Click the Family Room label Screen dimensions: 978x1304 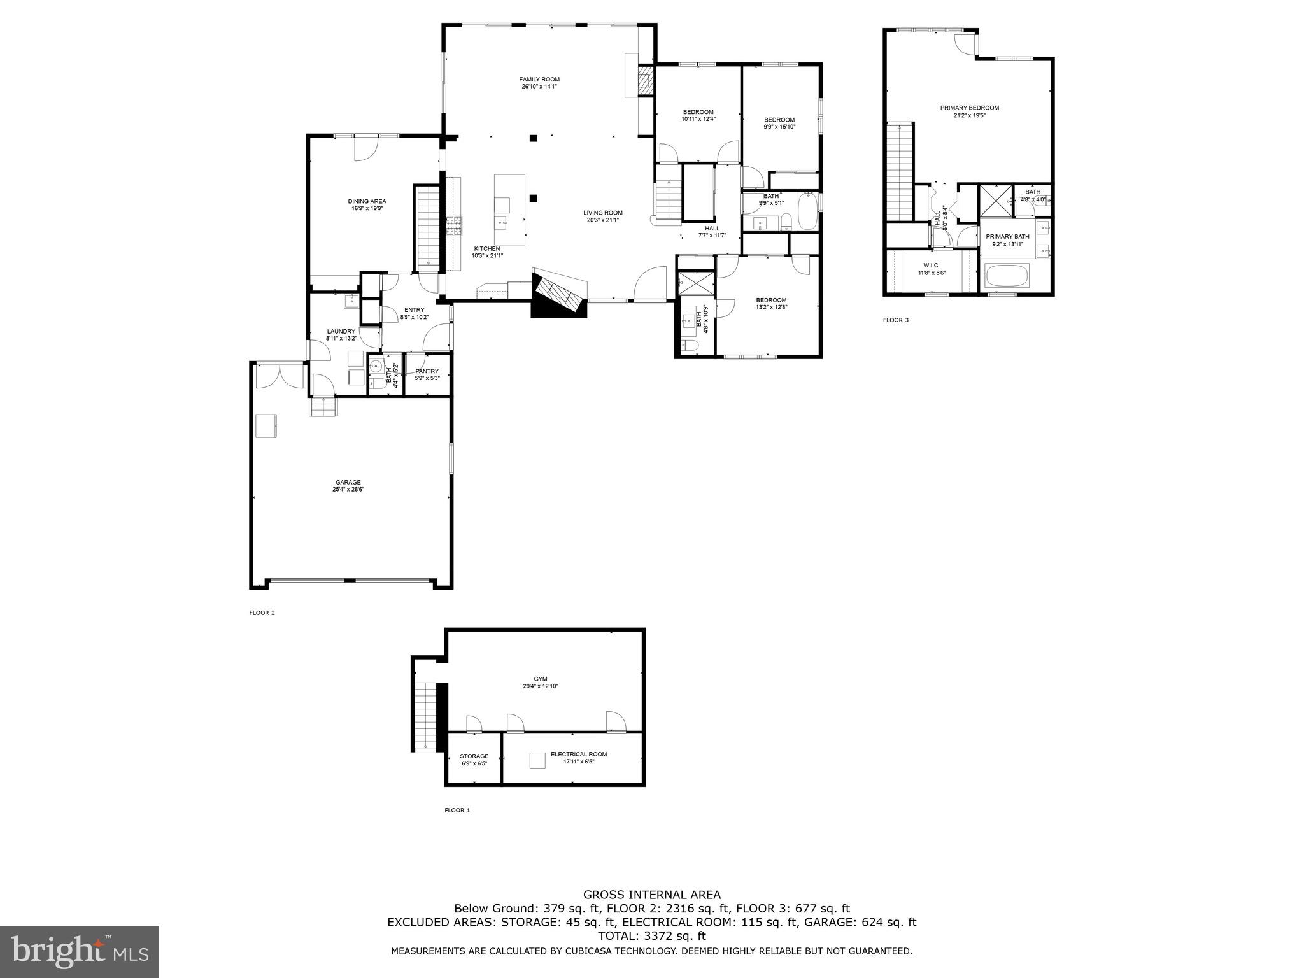[539, 80]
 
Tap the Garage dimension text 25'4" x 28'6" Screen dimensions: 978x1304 [348, 490]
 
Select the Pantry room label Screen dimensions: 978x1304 [427, 371]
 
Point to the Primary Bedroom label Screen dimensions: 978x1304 [969, 108]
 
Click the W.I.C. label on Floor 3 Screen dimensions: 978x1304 [932, 265]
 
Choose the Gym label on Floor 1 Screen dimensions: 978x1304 [541, 679]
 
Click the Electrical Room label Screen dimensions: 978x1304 [579, 754]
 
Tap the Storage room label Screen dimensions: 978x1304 [474, 756]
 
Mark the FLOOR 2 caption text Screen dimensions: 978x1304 [262, 613]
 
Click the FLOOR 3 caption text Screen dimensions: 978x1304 [895, 320]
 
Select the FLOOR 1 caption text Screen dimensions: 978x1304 [457, 810]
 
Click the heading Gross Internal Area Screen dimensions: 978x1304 [651, 895]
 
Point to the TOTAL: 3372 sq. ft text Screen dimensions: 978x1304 [651, 935]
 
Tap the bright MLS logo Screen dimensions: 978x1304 [80, 952]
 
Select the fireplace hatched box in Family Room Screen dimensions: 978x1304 [646, 81]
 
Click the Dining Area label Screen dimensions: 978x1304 [367, 201]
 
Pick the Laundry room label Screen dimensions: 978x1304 [341, 331]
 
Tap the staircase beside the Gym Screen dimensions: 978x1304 [425, 716]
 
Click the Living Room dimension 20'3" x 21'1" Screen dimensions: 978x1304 [602, 220]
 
